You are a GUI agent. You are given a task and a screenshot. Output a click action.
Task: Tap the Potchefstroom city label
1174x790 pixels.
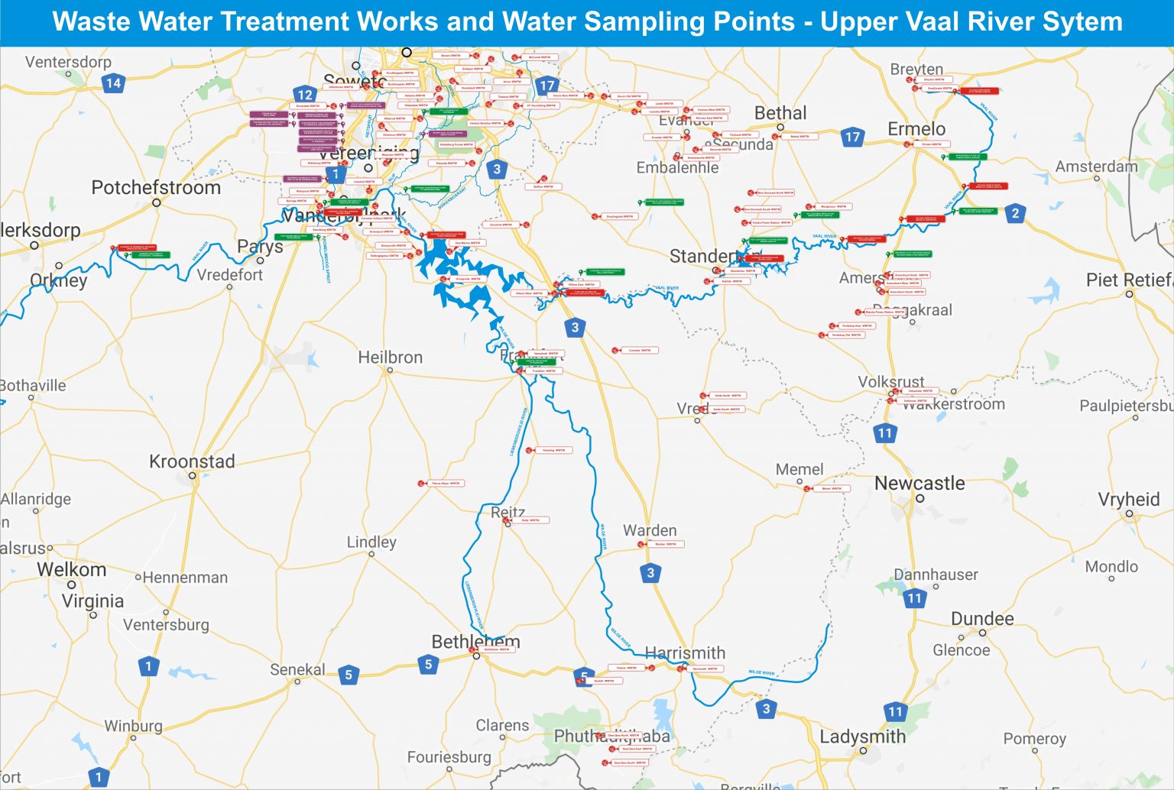pyautogui.click(x=156, y=187)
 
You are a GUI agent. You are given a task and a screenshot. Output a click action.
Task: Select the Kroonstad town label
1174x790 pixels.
pyautogui.click(x=192, y=461)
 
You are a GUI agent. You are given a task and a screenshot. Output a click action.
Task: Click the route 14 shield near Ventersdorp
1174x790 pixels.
pyautogui.click(x=113, y=83)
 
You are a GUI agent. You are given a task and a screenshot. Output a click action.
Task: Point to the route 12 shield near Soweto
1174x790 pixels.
pyautogui.click(x=304, y=95)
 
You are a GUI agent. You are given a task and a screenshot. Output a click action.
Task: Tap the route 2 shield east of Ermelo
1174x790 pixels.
pyautogui.click(x=1015, y=213)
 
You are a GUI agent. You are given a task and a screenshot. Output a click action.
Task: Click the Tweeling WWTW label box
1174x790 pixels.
pyautogui.click(x=554, y=451)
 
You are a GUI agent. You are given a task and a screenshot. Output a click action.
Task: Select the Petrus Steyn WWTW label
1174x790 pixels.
pyautogui.click(x=446, y=484)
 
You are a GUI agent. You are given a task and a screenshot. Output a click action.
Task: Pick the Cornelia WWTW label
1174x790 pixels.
pyautogui.click(x=640, y=351)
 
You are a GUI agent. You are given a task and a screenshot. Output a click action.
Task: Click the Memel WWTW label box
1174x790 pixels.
pyautogui.click(x=832, y=488)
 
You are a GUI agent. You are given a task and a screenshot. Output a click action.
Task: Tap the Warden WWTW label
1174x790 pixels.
pyautogui.click(x=666, y=545)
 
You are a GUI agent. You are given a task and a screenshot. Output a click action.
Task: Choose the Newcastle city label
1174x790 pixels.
pyautogui.click(x=919, y=483)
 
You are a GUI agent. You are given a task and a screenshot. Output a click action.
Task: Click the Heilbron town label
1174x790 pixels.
pyautogui.click(x=390, y=357)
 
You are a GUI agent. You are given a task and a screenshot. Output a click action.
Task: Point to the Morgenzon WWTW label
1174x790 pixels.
pyautogui.click(x=833, y=206)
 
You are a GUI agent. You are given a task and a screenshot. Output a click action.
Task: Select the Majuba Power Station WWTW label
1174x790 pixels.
pyautogui.click(x=885, y=312)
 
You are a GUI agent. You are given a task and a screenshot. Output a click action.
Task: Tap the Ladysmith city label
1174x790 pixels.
pyautogui.click(x=862, y=737)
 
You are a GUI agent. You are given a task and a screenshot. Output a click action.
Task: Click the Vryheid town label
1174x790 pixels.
pyautogui.click(x=1128, y=499)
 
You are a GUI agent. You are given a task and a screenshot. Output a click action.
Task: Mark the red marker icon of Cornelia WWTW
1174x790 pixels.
pyautogui.click(x=615, y=351)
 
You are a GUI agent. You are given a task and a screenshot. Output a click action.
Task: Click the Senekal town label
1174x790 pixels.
pyautogui.click(x=297, y=669)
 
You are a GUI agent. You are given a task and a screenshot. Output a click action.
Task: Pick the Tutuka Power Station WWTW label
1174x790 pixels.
pyautogui.click(x=771, y=223)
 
